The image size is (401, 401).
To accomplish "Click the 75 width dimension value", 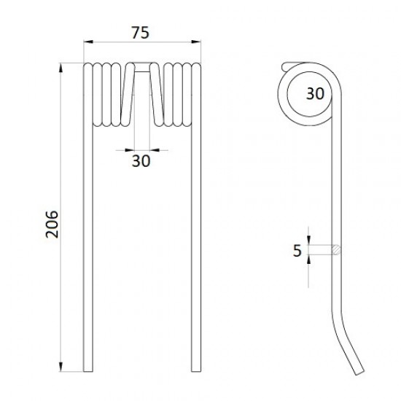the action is pos(140,33).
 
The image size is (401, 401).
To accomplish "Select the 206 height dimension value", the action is pos(52,225).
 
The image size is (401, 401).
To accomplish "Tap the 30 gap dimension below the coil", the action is pos(141,161).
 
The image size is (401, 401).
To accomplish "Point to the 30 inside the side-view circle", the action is pos(315,93).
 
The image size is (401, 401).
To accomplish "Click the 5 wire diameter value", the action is pos(297,251).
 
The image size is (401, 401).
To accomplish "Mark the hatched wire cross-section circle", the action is pos(336,249).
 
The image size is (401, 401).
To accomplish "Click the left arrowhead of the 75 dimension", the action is pos(88,42).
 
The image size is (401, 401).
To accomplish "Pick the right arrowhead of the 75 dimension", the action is pos(196,42).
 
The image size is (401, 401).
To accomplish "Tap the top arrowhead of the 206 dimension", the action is pos(61,69).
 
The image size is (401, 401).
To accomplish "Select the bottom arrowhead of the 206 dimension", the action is pos(61,367).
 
